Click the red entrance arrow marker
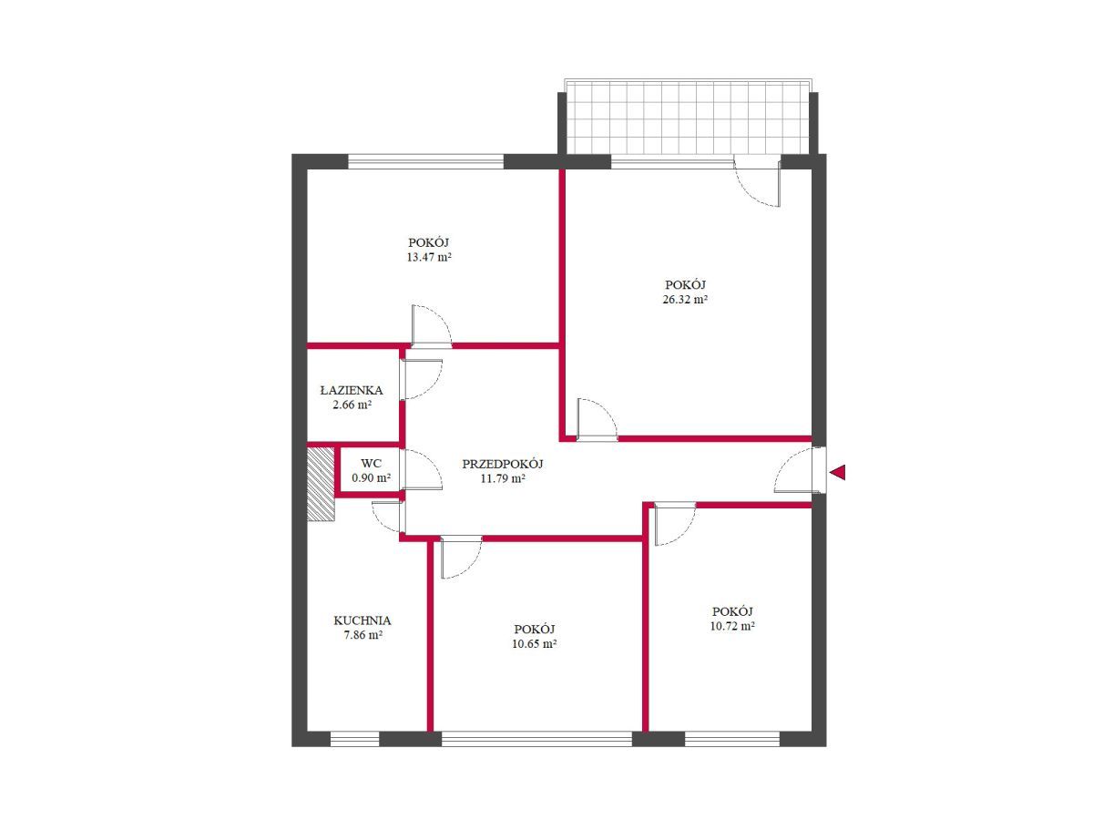pyautogui.click(x=837, y=471)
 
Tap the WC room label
pyautogui.click(x=371, y=464)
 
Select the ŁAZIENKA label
pyautogui.click(x=352, y=390)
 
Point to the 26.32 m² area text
pyautogui.click(x=685, y=299)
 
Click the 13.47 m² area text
pyautogui.click(x=429, y=257)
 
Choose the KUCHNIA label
pyautogui.click(x=362, y=620)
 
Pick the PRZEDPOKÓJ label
pyautogui.click(x=503, y=464)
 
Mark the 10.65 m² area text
pyautogui.click(x=535, y=643)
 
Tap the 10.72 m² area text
pyautogui.click(x=732, y=626)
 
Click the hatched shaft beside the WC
pyautogui.click(x=321, y=484)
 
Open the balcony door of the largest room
pyautogui.click(x=757, y=180)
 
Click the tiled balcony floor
pyautogui.click(x=688, y=118)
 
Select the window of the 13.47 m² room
pyautogui.click(x=425, y=162)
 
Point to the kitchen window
pyautogui.click(x=355, y=738)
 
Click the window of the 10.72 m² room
pyautogui.click(x=732, y=738)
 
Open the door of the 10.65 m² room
pyautogui.click(x=461, y=557)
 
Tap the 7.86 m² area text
pyautogui.click(x=362, y=635)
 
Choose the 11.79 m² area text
pyautogui.click(x=503, y=478)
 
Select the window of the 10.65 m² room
pyautogui.click(x=536, y=738)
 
